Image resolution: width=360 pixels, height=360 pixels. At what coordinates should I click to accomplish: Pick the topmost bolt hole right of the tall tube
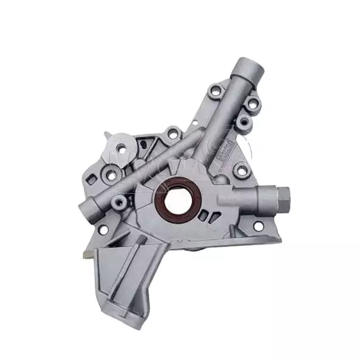253,103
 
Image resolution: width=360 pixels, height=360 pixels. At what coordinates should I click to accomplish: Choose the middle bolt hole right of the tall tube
243,121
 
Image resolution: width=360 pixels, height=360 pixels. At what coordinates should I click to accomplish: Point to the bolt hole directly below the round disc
111,175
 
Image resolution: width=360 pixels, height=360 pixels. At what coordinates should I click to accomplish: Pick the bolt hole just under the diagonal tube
119,201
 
